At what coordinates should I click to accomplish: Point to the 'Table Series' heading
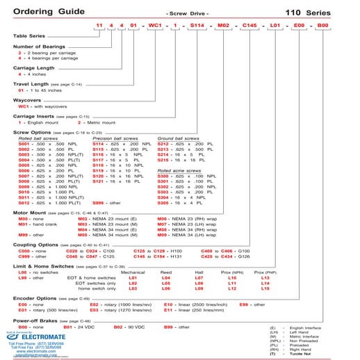pyautogui.click(x=28, y=37)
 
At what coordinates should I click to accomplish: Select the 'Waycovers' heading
pyautogui.click(x=28, y=100)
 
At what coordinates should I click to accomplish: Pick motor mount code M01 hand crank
pyautogui.click(x=24, y=224)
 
